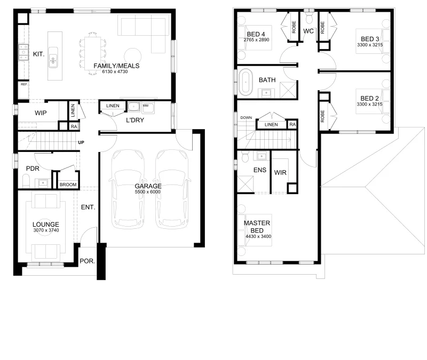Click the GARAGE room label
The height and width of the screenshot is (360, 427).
click(x=148, y=186)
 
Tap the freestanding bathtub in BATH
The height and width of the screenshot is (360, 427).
click(x=246, y=82)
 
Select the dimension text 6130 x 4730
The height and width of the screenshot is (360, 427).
click(x=115, y=71)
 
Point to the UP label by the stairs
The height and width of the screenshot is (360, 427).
click(x=81, y=142)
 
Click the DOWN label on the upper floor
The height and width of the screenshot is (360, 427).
click(x=246, y=117)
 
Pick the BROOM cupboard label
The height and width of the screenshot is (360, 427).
click(x=68, y=185)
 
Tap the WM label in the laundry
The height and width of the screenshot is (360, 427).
click(x=146, y=106)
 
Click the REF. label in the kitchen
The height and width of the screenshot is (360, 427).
click(x=24, y=84)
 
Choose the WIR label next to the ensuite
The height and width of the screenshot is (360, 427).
click(x=280, y=172)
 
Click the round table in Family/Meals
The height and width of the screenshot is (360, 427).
click(x=132, y=57)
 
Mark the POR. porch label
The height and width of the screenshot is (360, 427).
click(x=87, y=261)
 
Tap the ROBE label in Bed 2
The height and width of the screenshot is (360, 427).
click(x=323, y=116)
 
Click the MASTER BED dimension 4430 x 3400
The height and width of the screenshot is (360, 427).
click(x=258, y=236)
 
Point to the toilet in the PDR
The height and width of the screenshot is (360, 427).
click(x=26, y=181)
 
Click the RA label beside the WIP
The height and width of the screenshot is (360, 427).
click(x=74, y=126)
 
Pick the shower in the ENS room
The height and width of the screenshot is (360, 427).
click(x=245, y=184)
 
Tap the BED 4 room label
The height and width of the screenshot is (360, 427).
click(x=256, y=34)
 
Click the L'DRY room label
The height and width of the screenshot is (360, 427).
click(x=135, y=121)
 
